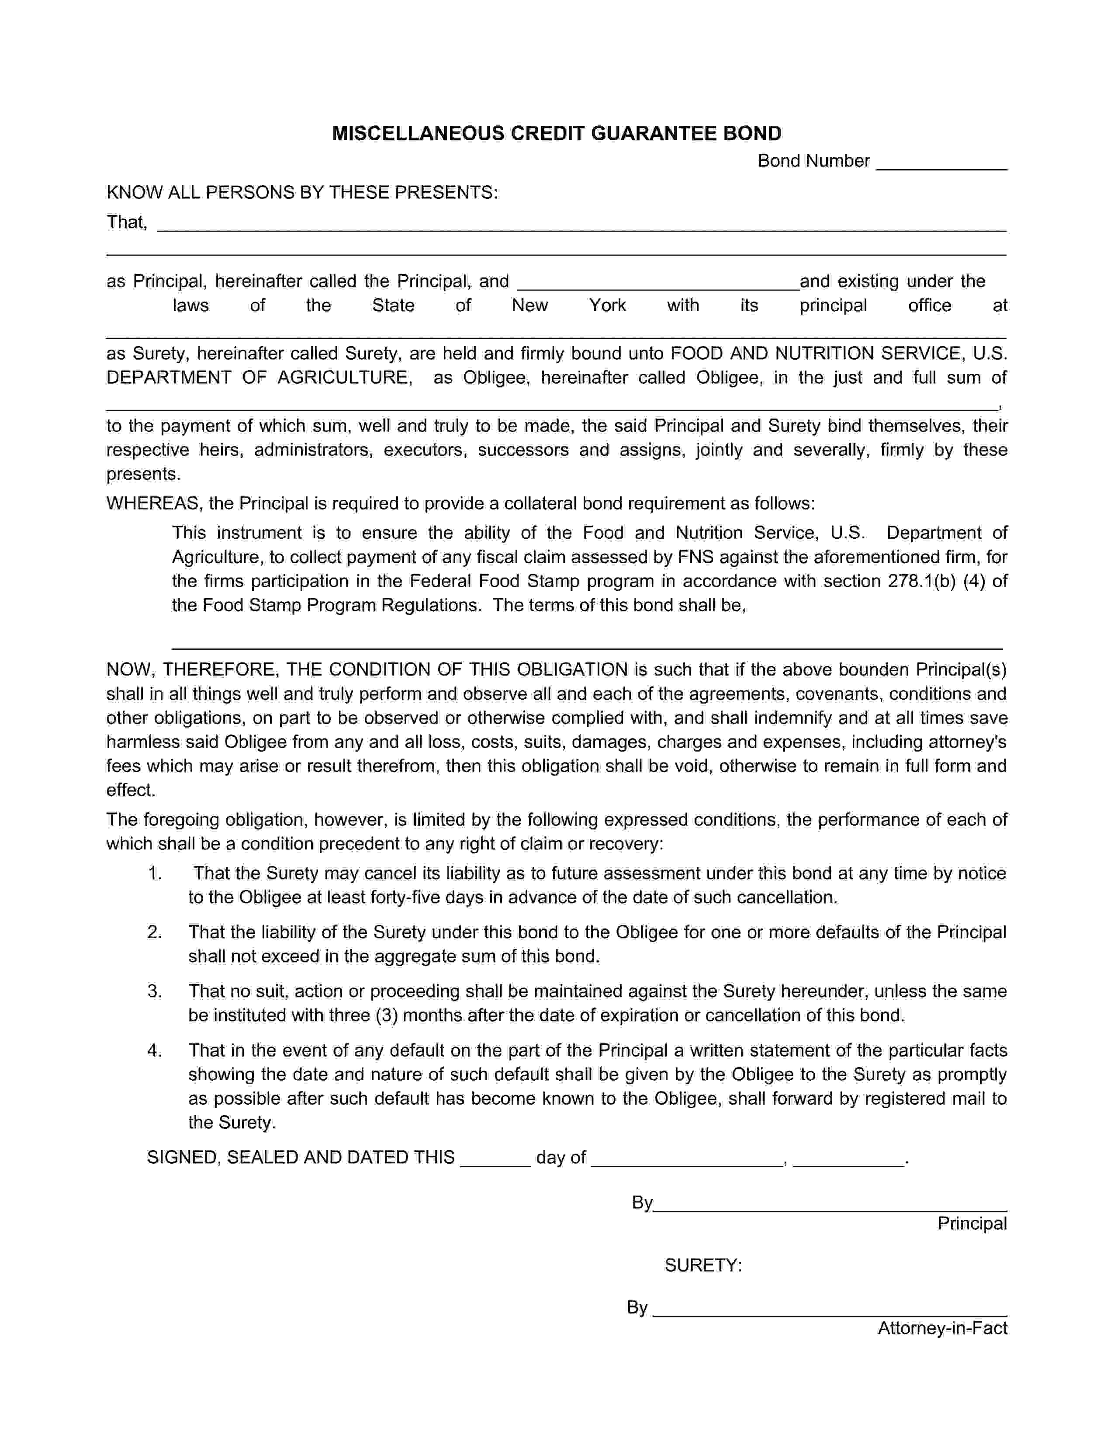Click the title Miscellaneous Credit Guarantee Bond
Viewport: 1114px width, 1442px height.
556,133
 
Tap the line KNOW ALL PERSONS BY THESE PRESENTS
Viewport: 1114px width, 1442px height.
302,192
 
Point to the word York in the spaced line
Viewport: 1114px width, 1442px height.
607,306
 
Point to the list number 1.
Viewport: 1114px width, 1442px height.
154,874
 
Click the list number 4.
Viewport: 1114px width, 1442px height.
154,1050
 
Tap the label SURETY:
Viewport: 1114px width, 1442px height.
703,1266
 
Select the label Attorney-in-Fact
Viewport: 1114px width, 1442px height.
942,1328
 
